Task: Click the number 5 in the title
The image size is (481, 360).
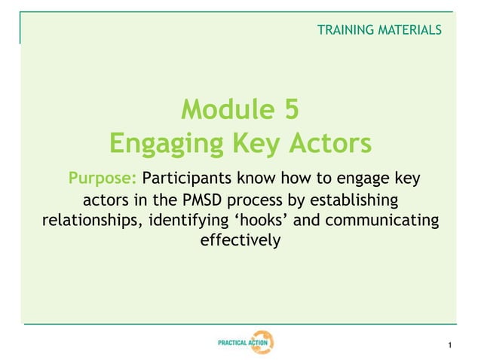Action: [x=292, y=111]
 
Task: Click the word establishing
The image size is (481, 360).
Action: [x=351, y=201]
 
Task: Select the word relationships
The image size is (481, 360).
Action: [x=88, y=221]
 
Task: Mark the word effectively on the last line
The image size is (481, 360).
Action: [x=240, y=242]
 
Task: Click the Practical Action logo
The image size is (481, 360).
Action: [x=245, y=343]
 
